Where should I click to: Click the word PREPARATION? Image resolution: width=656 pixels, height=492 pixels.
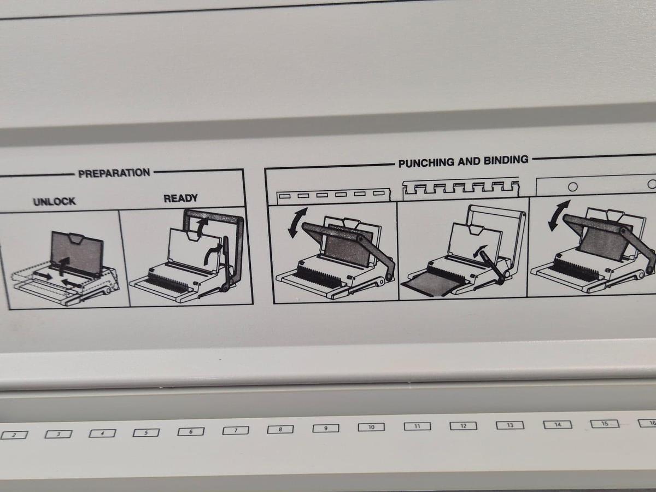(114, 173)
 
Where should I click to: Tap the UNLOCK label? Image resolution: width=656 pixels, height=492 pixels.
(54, 201)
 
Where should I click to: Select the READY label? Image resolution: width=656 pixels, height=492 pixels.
(180, 198)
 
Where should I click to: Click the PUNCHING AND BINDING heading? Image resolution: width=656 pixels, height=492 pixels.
(463, 161)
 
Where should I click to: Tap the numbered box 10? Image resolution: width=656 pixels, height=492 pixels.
(371, 427)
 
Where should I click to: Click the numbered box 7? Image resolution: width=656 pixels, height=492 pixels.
(236, 430)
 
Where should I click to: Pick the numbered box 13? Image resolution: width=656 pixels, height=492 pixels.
(509, 425)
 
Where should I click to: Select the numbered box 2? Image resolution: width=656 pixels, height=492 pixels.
(14, 435)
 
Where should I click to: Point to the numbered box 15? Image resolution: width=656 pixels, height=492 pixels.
(605, 424)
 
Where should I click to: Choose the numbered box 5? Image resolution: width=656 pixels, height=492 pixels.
(146, 432)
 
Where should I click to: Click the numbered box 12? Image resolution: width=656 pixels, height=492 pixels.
(463, 426)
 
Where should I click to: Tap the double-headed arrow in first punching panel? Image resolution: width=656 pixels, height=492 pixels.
(297, 221)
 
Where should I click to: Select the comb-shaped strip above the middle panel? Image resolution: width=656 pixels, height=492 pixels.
(461, 189)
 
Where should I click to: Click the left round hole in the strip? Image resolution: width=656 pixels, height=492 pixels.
(572, 186)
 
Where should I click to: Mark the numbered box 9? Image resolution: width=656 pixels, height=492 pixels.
(325, 428)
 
